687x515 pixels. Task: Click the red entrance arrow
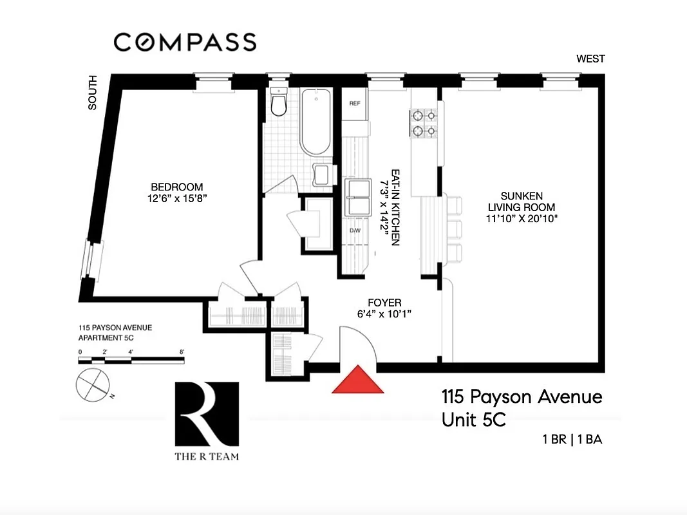pos(357,381)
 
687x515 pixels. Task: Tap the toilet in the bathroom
pos(279,104)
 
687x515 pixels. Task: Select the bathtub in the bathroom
pos(315,122)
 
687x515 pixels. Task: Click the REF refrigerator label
pos(354,104)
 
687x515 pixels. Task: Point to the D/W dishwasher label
pos(354,230)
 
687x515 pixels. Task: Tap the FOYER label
pos(384,303)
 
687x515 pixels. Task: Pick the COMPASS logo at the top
pos(185,42)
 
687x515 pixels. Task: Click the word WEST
pos(590,59)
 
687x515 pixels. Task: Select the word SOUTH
pos(93,93)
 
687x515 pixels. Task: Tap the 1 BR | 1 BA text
pos(571,441)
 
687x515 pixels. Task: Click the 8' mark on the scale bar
pos(183,351)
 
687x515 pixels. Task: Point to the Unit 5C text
pos(473,420)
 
